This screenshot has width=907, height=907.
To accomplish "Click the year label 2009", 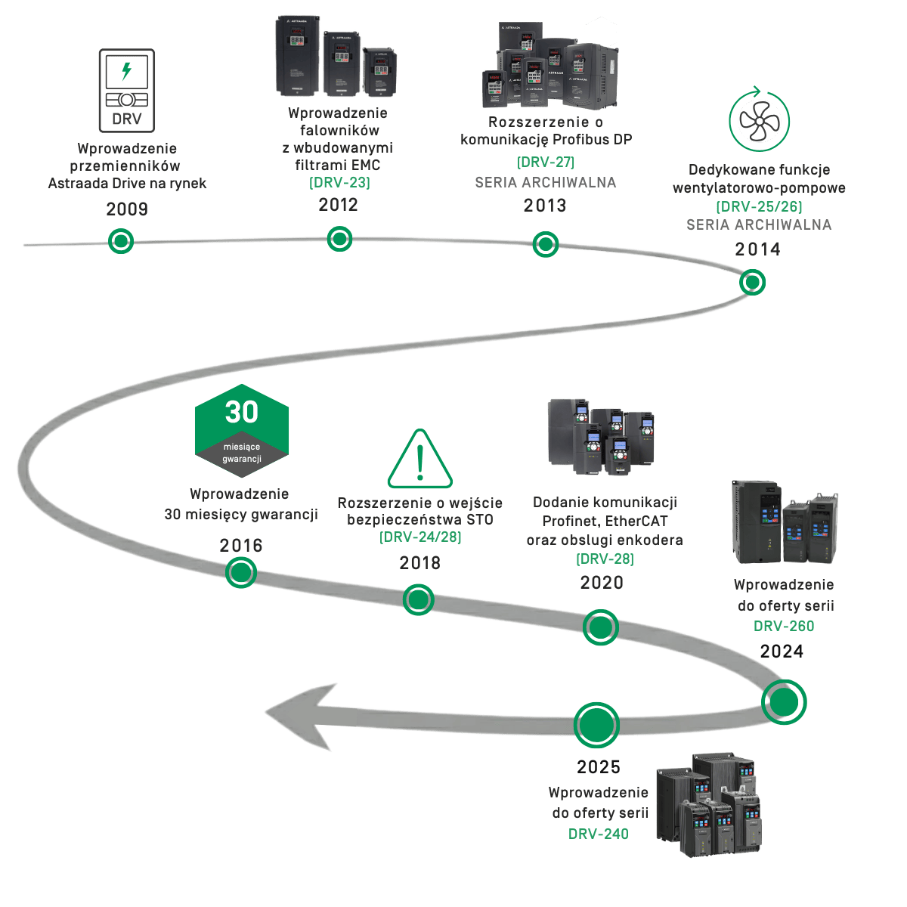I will tap(127, 209).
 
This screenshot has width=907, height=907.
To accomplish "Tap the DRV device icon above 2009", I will tap(127, 91).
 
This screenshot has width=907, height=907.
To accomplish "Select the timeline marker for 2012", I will tap(339, 239).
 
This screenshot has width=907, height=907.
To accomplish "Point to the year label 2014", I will tap(757, 249).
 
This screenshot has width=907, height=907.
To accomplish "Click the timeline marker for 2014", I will tap(752, 283).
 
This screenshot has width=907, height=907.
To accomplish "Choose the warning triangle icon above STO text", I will tap(420, 460).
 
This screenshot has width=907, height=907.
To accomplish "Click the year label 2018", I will tap(419, 563).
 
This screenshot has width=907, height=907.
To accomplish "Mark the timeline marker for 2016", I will tap(241, 573).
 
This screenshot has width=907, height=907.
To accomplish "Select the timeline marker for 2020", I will tap(601, 627).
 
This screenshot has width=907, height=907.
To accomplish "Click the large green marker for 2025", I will tap(596, 725).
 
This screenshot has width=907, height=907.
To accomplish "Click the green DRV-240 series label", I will tap(599, 834).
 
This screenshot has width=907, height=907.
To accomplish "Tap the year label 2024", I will tap(782, 652).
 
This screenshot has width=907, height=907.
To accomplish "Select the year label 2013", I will tap(544, 206).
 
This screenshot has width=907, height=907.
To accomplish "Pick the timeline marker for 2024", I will tap(784, 701).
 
